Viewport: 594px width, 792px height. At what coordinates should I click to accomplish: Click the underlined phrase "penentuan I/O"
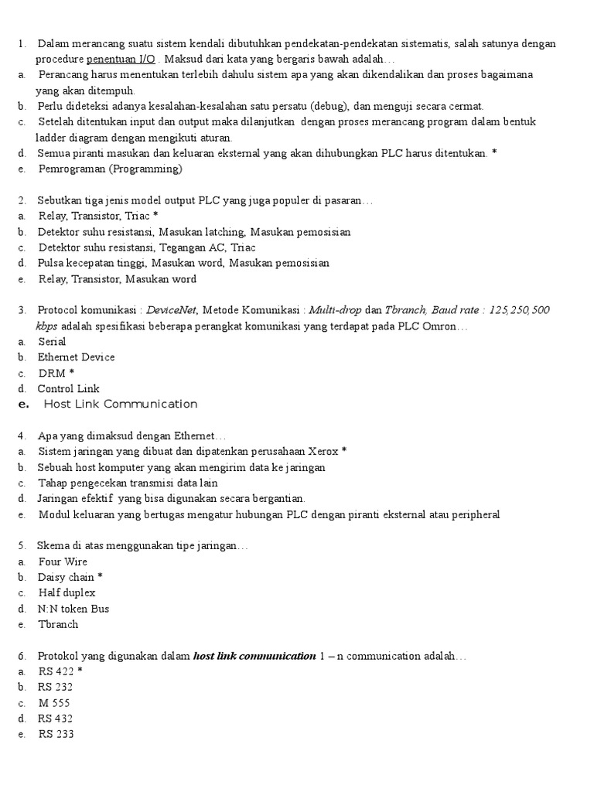click(x=121, y=59)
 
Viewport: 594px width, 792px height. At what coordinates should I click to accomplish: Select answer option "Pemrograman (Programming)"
click(x=110, y=169)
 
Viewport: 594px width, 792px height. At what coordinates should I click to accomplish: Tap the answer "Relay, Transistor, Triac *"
click(x=98, y=216)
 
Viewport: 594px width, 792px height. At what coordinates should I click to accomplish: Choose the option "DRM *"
click(x=56, y=373)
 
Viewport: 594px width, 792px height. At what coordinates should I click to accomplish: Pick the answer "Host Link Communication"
click(x=121, y=404)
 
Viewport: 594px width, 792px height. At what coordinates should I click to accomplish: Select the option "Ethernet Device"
click(x=76, y=357)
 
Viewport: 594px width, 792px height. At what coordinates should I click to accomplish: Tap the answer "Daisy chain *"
click(x=70, y=577)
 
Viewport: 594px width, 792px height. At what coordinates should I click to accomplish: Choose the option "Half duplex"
click(x=67, y=592)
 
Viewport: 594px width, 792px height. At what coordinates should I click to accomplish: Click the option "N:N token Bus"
click(x=73, y=609)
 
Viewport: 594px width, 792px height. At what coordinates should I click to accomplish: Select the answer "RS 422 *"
click(x=61, y=671)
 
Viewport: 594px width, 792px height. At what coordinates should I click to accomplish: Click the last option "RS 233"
click(x=56, y=734)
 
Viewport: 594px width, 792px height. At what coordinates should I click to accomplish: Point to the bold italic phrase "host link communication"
click(x=254, y=656)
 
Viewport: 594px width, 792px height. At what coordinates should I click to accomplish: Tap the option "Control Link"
click(x=69, y=388)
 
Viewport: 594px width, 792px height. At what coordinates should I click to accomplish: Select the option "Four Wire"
click(x=63, y=562)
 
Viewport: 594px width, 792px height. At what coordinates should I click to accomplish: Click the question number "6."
click(x=22, y=656)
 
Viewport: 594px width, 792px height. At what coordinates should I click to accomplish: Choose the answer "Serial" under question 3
click(x=52, y=341)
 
